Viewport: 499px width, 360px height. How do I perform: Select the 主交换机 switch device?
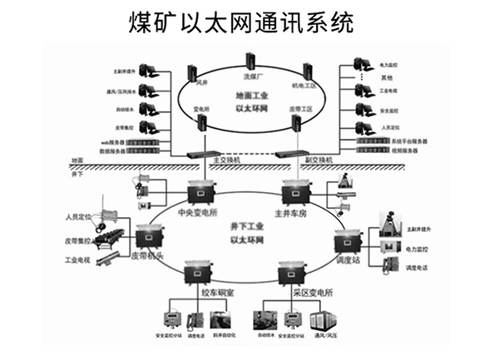(x=202, y=154)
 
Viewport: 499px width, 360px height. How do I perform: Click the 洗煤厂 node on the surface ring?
(x=249, y=60)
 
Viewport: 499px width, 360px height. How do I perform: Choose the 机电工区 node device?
(x=307, y=72)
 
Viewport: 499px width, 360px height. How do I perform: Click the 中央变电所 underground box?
(x=200, y=192)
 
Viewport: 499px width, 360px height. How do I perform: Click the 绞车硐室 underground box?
(x=200, y=274)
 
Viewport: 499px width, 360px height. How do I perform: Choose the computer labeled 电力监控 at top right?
(x=362, y=63)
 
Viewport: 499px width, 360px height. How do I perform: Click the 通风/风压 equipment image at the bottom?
(x=322, y=321)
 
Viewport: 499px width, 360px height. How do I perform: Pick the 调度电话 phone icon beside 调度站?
(x=389, y=265)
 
